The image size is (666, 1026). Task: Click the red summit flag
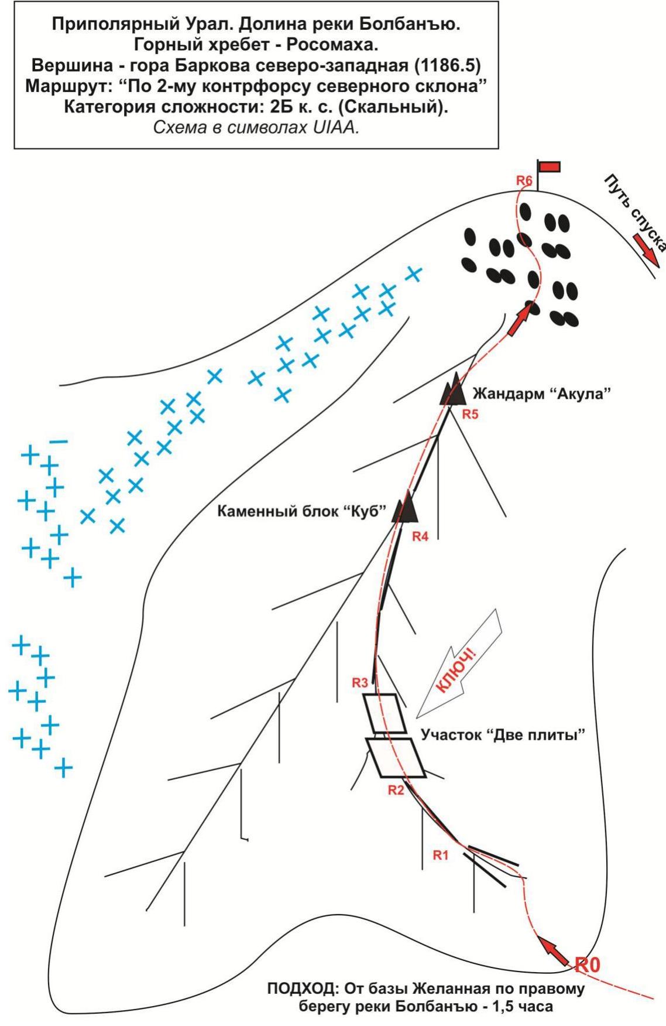[x=549, y=167]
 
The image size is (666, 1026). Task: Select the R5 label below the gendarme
[x=471, y=415]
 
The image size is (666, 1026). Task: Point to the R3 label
[x=361, y=682]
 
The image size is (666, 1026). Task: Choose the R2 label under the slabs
[x=396, y=789]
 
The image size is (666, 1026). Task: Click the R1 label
[x=441, y=855]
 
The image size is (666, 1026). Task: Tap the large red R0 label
[x=588, y=965]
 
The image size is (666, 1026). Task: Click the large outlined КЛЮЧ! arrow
[x=462, y=662]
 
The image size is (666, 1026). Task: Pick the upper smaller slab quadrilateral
[x=385, y=713]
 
